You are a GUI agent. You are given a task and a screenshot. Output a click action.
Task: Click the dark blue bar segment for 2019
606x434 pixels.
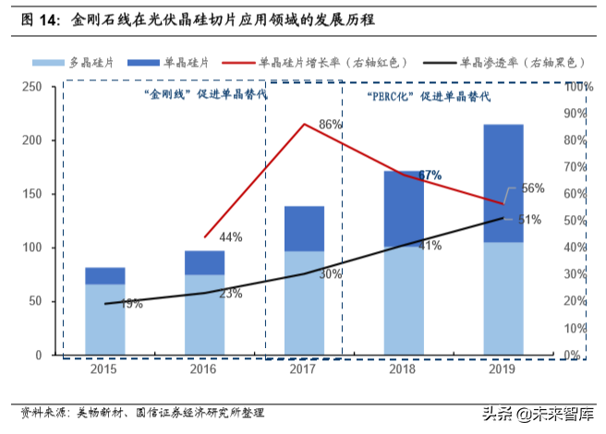point(504,183)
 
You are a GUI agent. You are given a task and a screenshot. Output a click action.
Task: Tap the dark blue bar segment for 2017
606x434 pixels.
point(304,228)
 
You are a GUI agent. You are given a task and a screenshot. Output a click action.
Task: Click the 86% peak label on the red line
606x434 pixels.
point(331,124)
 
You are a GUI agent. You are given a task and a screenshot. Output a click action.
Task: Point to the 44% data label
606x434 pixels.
point(231,237)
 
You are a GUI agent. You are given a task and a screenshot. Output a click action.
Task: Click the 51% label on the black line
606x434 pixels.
point(528,220)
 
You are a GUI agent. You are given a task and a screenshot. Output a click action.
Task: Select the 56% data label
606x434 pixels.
point(532,188)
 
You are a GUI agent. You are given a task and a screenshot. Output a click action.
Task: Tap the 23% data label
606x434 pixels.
point(230,294)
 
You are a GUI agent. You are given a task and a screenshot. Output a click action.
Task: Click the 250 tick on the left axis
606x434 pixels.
point(32,86)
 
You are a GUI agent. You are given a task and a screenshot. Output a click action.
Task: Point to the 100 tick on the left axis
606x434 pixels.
point(32,247)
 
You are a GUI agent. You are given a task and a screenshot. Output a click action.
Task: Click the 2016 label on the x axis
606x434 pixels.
point(204,369)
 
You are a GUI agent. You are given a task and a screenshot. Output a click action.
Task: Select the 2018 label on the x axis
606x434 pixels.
point(404,369)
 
